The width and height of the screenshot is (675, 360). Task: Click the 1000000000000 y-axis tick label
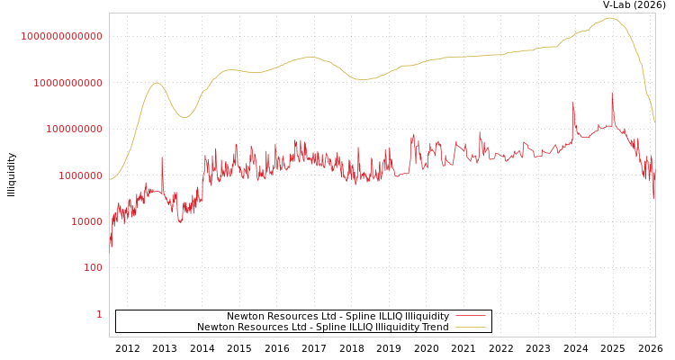[x=61, y=36]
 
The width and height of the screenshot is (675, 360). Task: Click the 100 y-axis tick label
[x=93, y=268]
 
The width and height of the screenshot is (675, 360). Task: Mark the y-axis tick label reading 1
[x=99, y=314]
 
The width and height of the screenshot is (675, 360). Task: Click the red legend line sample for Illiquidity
[x=471, y=316]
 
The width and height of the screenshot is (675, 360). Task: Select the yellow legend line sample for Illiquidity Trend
[x=471, y=327]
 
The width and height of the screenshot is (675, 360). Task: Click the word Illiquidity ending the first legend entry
[x=427, y=316]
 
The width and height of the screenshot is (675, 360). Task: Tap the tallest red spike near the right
[x=612, y=94]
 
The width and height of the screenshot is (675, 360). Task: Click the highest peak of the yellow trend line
[x=610, y=18]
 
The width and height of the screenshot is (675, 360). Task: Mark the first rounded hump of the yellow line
[x=157, y=83]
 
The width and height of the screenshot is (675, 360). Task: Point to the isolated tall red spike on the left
[x=162, y=158]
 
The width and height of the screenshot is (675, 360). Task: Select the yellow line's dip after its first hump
[x=184, y=117]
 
